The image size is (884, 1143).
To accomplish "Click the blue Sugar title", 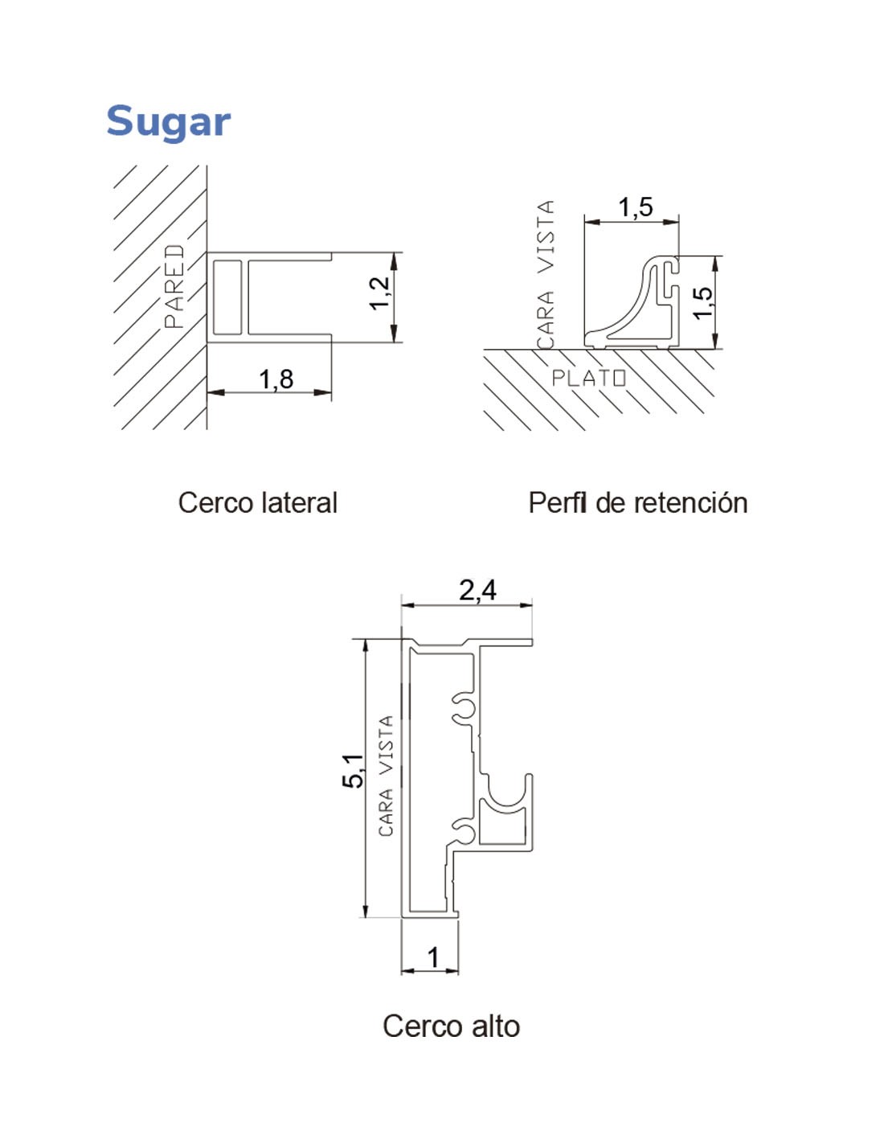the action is pyautogui.click(x=168, y=122).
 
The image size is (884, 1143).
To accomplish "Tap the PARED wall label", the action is pyautogui.click(x=174, y=286).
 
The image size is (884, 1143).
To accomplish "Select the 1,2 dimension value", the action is pyautogui.click(x=379, y=293).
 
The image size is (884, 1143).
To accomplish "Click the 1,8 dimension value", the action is pyautogui.click(x=276, y=379).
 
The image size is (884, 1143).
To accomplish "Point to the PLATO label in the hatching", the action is pyautogui.click(x=588, y=378).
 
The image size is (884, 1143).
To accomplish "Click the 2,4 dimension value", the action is pyautogui.click(x=477, y=590).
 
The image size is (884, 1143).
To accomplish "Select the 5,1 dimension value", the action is pyautogui.click(x=353, y=771).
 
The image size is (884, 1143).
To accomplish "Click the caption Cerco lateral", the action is pyautogui.click(x=258, y=503).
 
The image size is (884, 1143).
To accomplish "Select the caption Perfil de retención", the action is pyautogui.click(x=638, y=503).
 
